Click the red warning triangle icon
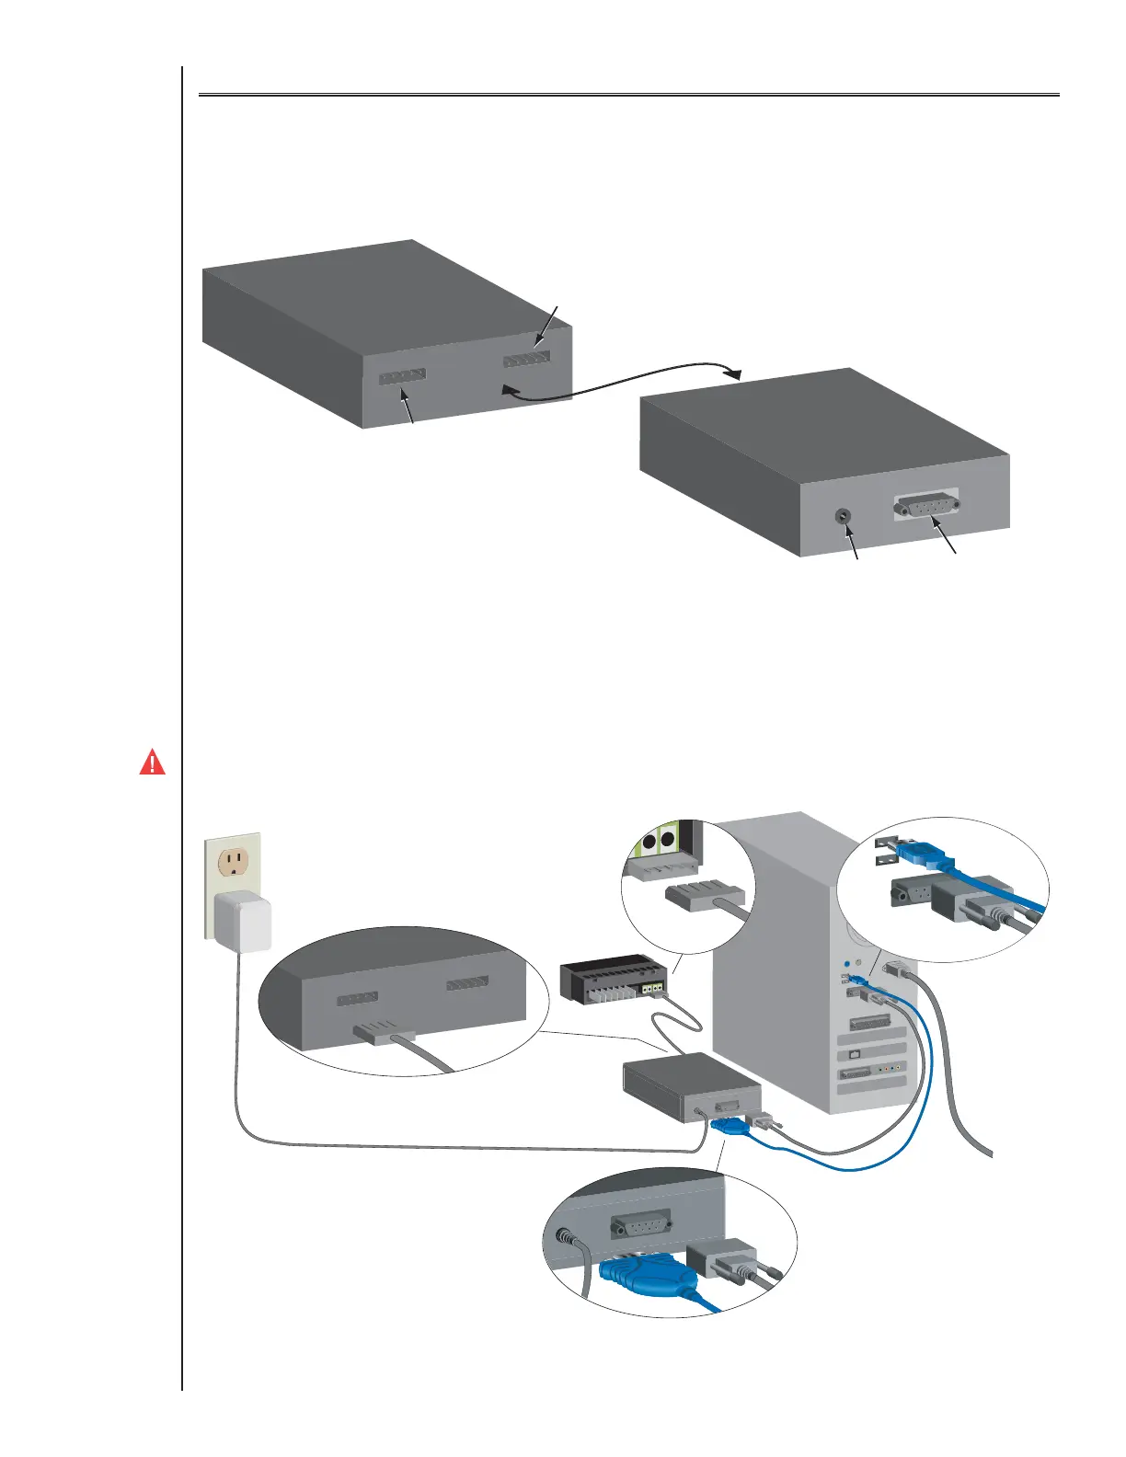tap(152, 763)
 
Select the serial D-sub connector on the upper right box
tap(926, 505)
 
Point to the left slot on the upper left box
tap(402, 376)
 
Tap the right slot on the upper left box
tap(527, 359)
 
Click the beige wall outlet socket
tap(232, 862)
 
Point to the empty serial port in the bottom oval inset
tap(641, 1224)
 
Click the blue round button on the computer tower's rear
tap(846, 964)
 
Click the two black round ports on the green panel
tap(658, 841)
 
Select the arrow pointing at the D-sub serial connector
tap(947, 538)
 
